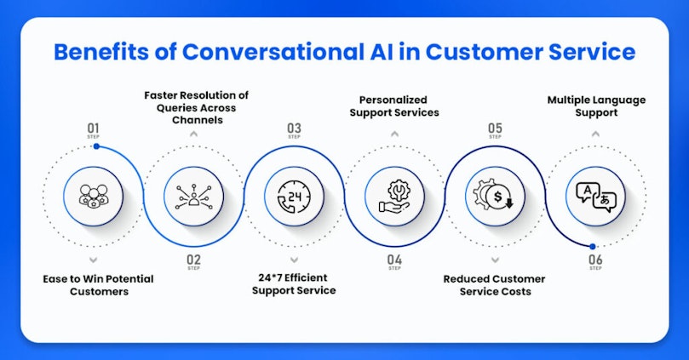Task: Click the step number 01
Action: click(93, 129)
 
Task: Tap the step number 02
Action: click(194, 260)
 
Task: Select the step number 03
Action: click(294, 129)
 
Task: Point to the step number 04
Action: click(394, 260)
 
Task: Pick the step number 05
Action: click(495, 129)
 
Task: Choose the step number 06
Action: click(595, 260)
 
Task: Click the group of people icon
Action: click(93, 197)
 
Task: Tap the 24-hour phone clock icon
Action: click(294, 197)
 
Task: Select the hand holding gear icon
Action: click(394, 197)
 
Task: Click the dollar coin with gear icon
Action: click(495, 196)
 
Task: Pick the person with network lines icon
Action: click(194, 197)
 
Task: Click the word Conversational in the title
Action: click(273, 51)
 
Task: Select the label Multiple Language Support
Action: click(596, 106)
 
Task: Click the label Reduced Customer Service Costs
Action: click(494, 285)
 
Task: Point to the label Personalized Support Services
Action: click(394, 106)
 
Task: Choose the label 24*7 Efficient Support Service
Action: click(294, 283)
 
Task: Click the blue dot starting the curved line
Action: click(97, 146)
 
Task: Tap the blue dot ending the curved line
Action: click(593, 247)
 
